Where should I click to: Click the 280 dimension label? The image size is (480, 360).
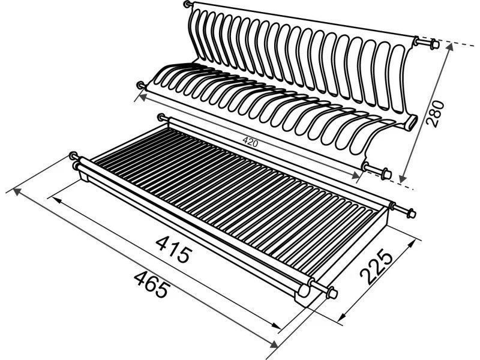[435, 113]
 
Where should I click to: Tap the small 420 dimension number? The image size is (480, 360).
[250, 142]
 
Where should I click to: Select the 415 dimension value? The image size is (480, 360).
[174, 250]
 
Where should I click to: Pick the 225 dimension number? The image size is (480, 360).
[376, 266]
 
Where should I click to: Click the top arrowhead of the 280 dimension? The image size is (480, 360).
[449, 47]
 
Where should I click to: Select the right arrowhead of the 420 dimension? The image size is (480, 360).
[355, 175]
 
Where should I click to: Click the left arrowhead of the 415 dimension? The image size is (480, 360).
[57, 200]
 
